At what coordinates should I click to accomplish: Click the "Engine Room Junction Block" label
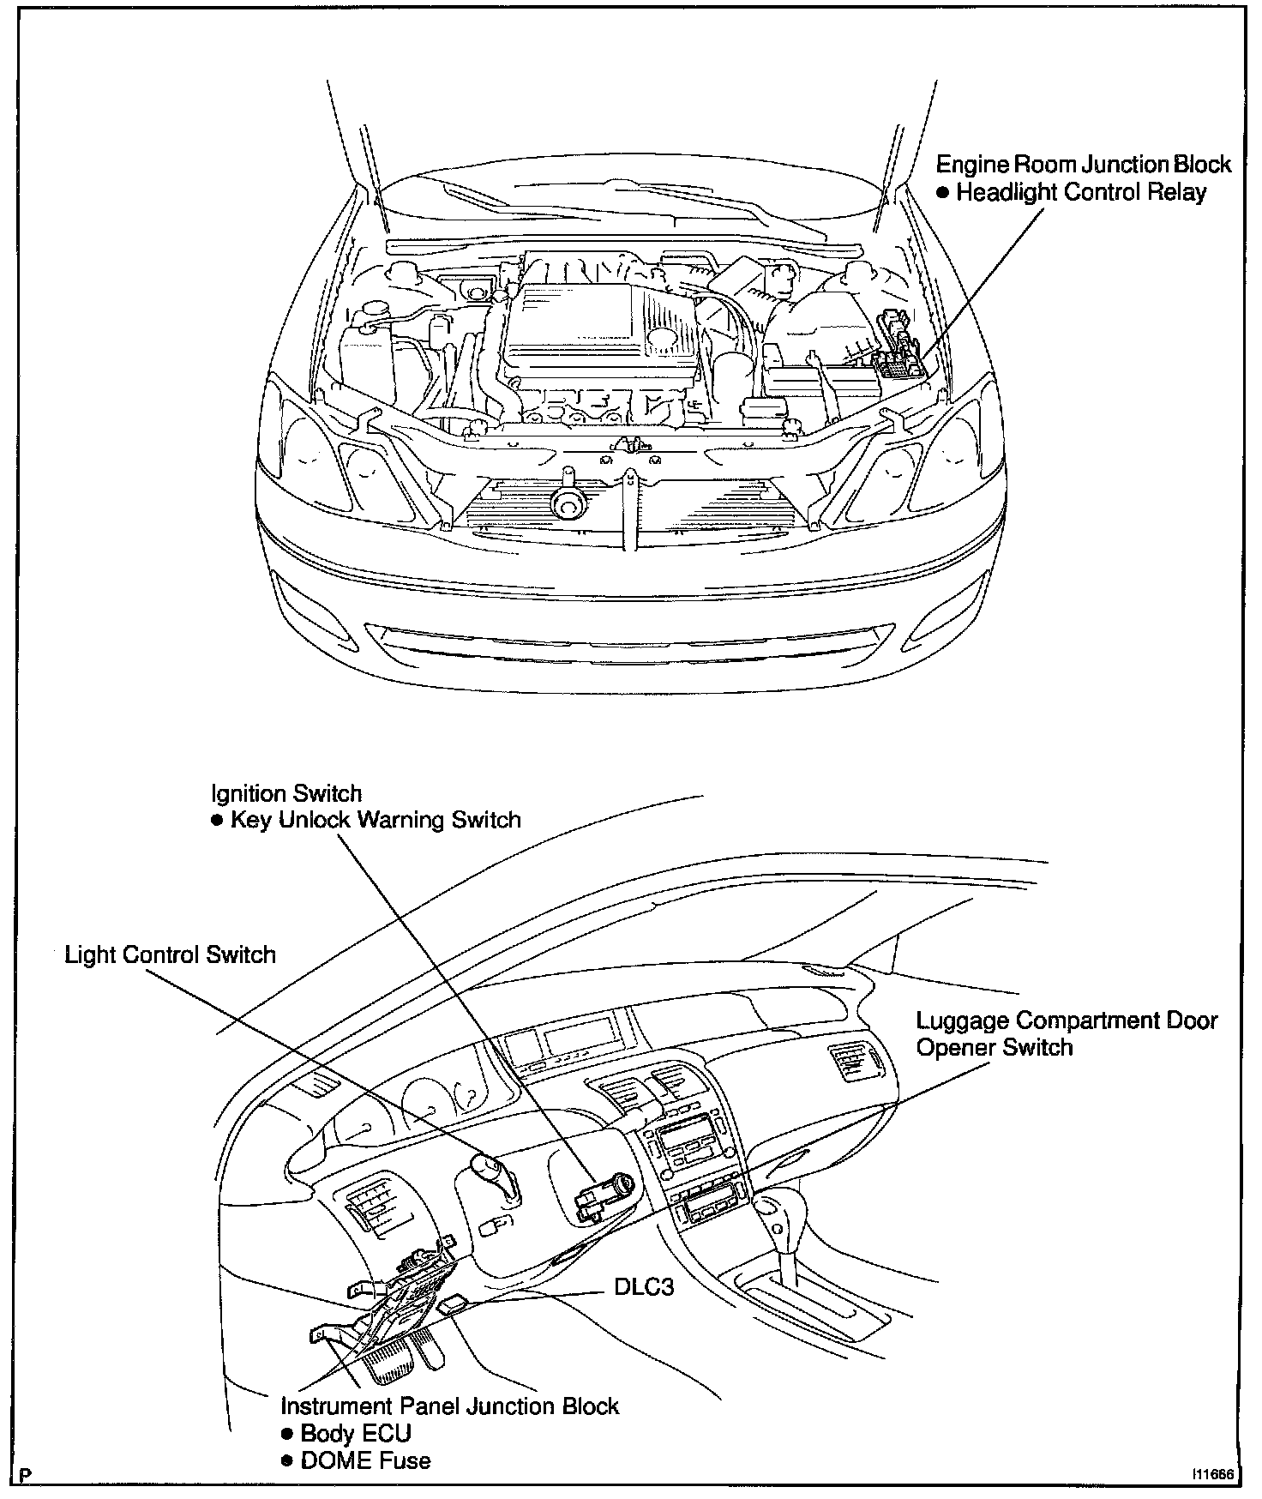point(1083,164)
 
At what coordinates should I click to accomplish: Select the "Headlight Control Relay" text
point(1080,192)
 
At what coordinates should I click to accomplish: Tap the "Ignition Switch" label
point(286,794)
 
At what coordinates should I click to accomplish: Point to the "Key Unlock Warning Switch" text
point(376,820)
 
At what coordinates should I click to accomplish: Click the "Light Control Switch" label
point(171,955)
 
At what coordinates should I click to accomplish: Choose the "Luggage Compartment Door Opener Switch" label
point(1067,1034)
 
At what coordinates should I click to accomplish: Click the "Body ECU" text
point(355,1433)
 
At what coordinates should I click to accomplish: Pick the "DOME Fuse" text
point(365,1460)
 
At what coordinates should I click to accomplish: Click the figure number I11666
point(1211,1475)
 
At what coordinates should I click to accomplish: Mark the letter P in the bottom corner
point(26,1475)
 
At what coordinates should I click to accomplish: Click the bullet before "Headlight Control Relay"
point(942,193)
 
